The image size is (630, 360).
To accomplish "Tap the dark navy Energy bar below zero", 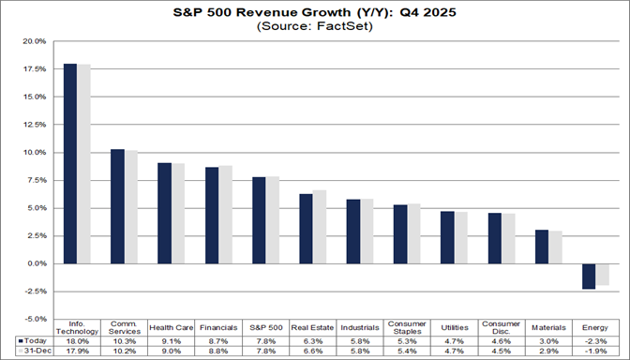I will coord(589,276).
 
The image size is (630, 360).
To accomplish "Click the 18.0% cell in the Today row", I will coord(76,339).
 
